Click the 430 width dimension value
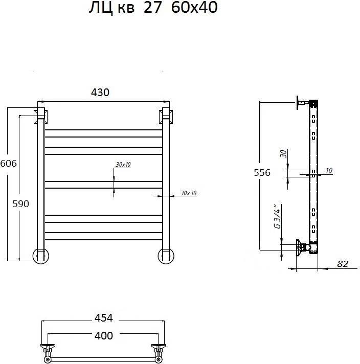100,93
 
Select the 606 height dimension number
9,164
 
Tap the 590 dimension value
20,204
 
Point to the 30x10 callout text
123,164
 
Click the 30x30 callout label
188,193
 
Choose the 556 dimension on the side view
262,172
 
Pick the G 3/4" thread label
278,217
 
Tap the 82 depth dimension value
343,264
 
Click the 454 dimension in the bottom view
104,318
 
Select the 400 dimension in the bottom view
104,335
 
